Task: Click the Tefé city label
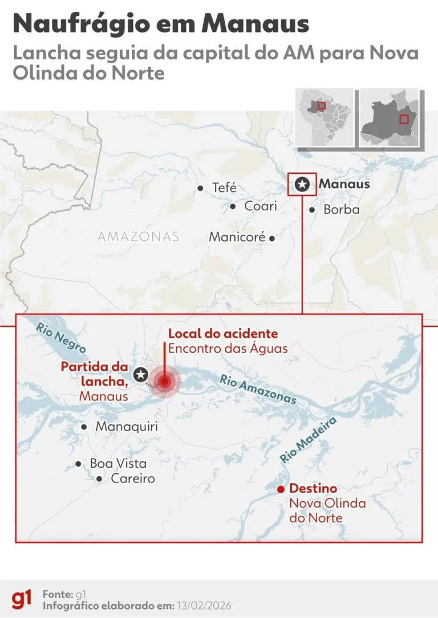(224, 187)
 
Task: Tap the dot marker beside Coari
(233, 207)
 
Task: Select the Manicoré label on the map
(237, 237)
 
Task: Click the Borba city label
(342, 210)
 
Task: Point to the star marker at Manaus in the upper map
(303, 184)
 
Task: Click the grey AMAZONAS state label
(138, 236)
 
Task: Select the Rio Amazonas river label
(258, 390)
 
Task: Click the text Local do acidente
(223, 333)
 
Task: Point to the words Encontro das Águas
(228, 348)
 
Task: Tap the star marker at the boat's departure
(140, 374)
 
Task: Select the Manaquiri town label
(127, 427)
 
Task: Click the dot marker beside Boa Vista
(79, 464)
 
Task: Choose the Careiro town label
(133, 479)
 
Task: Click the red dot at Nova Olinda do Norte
(280, 489)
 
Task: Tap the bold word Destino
(313, 489)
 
